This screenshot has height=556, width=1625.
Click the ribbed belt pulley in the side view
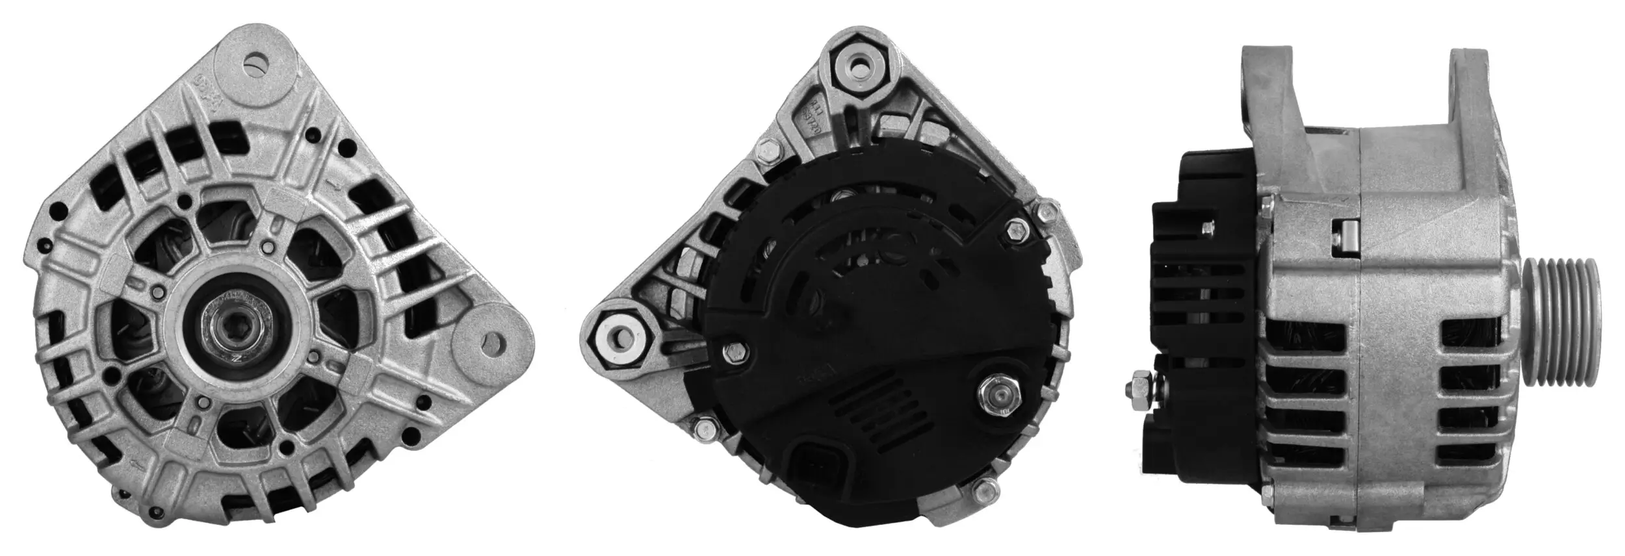click(x=1572, y=312)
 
